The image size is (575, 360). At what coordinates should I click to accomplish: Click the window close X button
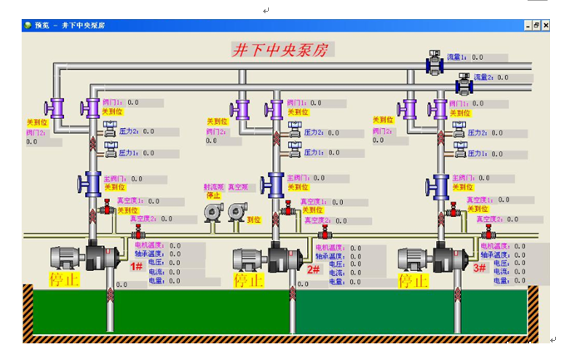click(x=546, y=26)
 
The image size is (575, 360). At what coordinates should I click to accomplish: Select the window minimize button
click(x=528, y=26)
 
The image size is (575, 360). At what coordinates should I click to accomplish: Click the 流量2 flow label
click(x=484, y=76)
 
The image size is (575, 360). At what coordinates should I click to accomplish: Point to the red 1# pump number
click(x=136, y=266)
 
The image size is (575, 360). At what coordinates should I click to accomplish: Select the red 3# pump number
click(x=479, y=268)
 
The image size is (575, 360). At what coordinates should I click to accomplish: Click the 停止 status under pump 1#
click(x=63, y=279)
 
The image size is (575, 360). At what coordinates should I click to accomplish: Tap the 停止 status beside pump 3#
click(x=414, y=281)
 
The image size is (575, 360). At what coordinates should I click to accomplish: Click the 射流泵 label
click(x=213, y=187)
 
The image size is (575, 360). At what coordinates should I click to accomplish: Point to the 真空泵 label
click(x=239, y=187)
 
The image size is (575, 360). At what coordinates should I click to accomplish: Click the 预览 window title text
click(x=42, y=26)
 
